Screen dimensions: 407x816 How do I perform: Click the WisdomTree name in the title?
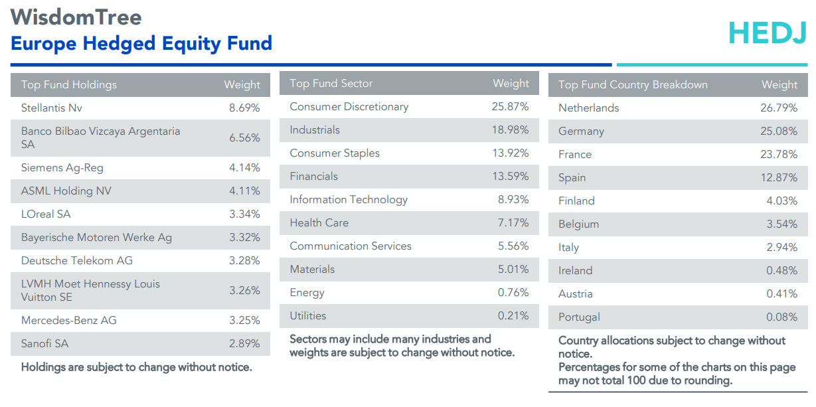coord(76,17)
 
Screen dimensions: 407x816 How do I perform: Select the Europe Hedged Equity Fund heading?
coord(141,44)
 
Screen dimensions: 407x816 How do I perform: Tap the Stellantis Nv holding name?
coord(52,108)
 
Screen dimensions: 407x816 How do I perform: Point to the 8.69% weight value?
coord(244,108)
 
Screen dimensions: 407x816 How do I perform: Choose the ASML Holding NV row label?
coord(66,191)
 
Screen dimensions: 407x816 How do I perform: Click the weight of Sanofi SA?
coord(244,343)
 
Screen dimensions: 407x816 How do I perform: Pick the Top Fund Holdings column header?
coord(69,84)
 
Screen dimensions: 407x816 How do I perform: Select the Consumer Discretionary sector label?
coord(349,106)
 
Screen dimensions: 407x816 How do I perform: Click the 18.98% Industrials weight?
coord(510,129)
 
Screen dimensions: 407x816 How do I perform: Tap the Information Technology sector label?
coord(349,199)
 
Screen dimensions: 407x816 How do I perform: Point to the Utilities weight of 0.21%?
coord(513,315)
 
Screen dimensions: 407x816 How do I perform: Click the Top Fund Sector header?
coord(331,83)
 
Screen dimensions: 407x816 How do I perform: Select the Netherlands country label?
coord(588,108)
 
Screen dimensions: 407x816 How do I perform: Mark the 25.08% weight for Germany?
coord(779,131)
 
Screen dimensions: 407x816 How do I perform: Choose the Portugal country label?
coord(579,317)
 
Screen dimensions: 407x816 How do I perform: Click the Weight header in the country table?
coord(779,84)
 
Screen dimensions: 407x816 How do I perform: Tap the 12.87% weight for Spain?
coord(779,177)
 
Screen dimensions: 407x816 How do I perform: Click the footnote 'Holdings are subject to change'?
coord(137,366)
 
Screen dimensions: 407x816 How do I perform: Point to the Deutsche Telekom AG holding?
coord(77,260)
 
